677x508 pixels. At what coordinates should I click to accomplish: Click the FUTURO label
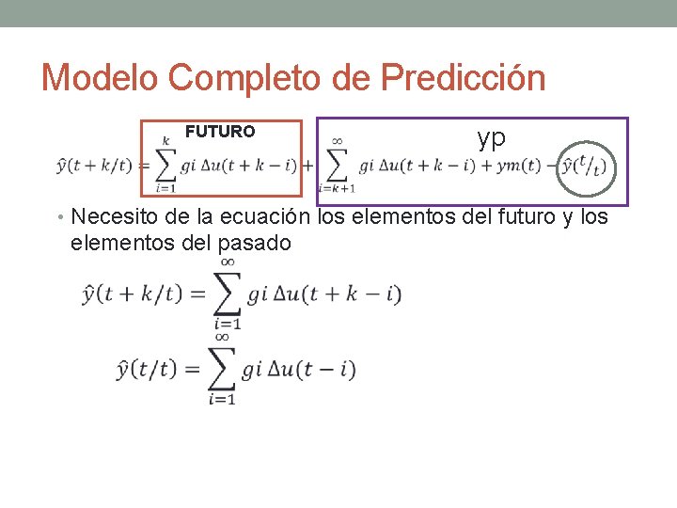click(x=219, y=132)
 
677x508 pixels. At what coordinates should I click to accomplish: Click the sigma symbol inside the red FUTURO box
click(x=165, y=166)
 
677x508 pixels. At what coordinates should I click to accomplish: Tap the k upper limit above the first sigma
click(x=166, y=140)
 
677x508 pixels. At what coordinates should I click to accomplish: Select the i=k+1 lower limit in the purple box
click(x=337, y=188)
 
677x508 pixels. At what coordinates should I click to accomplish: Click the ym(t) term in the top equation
click(x=519, y=167)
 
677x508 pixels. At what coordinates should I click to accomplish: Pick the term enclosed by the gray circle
click(x=583, y=167)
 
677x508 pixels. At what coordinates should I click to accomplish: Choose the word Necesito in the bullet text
click(x=112, y=217)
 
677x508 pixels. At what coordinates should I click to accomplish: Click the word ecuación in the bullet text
click(x=266, y=217)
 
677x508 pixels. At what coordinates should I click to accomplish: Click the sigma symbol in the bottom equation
click(x=222, y=368)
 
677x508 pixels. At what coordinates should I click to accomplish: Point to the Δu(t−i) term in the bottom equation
click(x=310, y=369)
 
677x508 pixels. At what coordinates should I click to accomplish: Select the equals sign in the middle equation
click(x=197, y=294)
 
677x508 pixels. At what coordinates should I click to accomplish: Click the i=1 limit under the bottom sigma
click(x=222, y=399)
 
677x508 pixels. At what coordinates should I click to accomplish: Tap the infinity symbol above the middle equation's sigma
click(x=228, y=262)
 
